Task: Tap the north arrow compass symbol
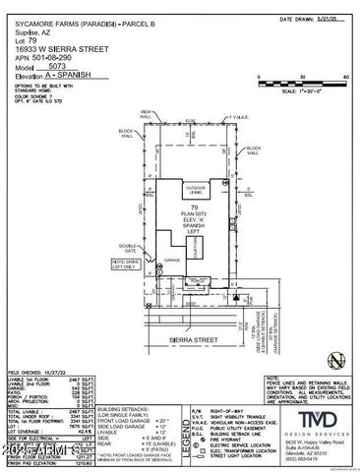[x=337, y=360]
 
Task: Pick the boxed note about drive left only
[x=124, y=265]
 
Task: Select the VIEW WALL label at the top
[x=146, y=116]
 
